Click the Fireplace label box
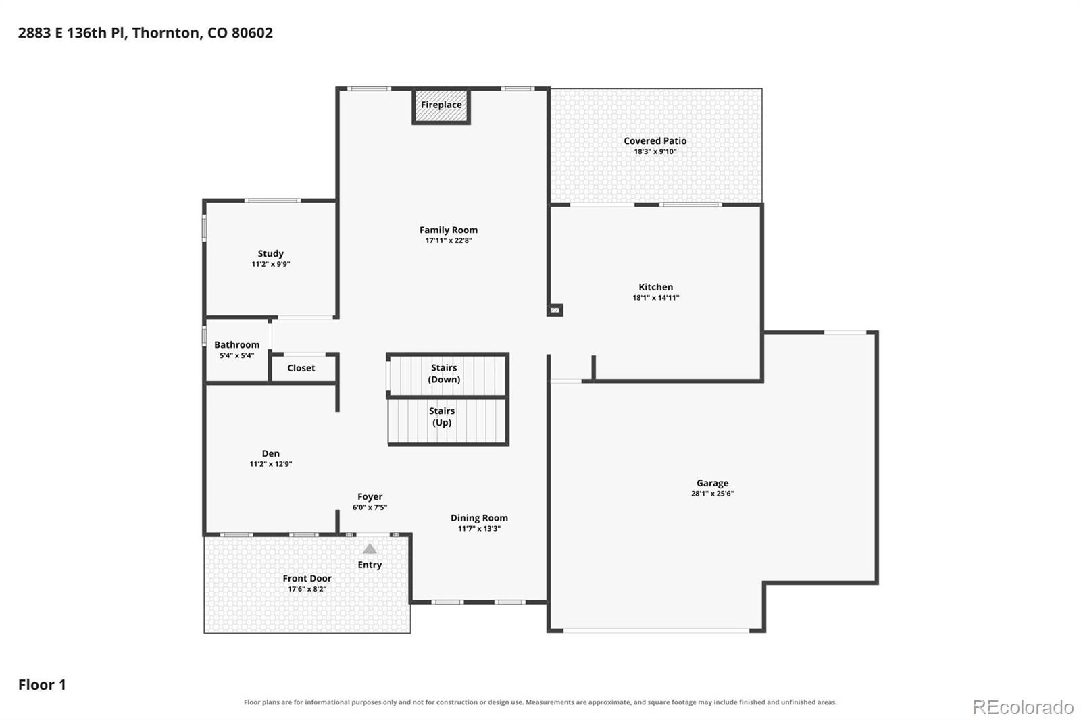click(x=441, y=105)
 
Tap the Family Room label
click(x=449, y=230)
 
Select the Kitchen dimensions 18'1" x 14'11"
click(x=655, y=298)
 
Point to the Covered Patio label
click(x=655, y=141)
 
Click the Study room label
click(x=270, y=254)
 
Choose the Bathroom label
click(x=236, y=344)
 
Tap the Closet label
click(x=301, y=368)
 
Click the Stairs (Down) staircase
click(x=447, y=374)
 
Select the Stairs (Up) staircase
click(x=448, y=421)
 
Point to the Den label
click(x=270, y=453)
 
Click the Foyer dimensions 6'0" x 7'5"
click(x=370, y=507)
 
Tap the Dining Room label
click(x=479, y=518)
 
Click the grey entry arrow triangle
click(x=370, y=549)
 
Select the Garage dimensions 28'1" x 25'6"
click(x=712, y=493)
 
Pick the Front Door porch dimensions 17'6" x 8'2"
click(x=307, y=589)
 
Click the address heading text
click(x=145, y=33)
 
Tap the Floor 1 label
click(x=42, y=684)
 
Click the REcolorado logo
click(x=1023, y=707)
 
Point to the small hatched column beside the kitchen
click(x=555, y=310)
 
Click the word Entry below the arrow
click(x=370, y=565)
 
